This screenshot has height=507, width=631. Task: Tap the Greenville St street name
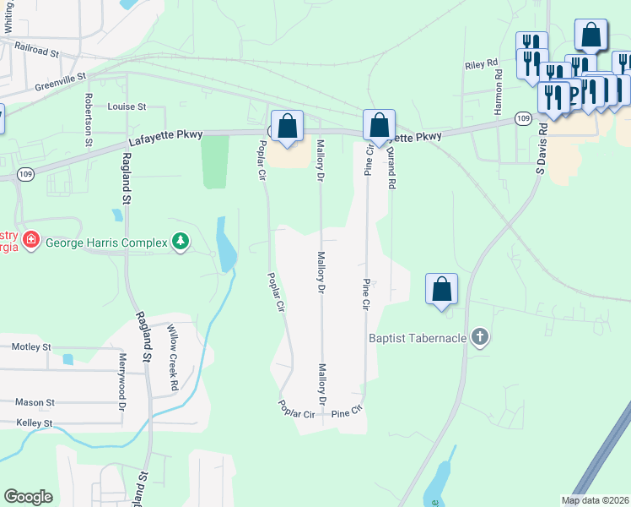61,81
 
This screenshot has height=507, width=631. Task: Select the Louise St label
127,107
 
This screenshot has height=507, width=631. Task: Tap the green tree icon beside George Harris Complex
180,243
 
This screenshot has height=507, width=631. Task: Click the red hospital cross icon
31,240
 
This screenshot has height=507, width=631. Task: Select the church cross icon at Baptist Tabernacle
479,338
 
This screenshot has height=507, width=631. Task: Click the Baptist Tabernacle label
417,339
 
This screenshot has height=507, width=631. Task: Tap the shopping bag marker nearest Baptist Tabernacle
441,290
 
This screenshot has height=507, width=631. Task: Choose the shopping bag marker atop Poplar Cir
288,128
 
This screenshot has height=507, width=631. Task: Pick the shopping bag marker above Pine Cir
380,126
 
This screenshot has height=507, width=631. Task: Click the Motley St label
32,346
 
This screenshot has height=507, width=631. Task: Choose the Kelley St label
34,422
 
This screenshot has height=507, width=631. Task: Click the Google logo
29,497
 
